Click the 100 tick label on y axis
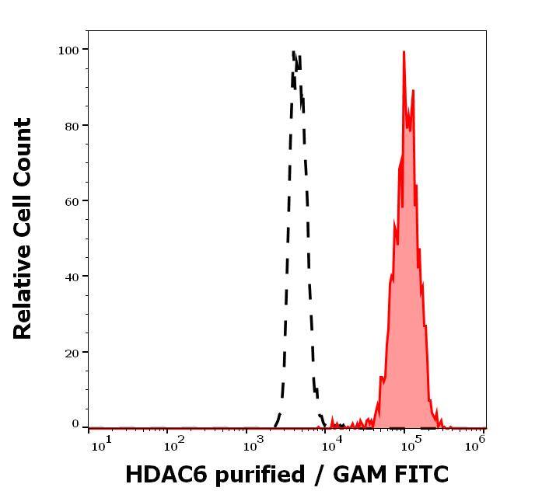(x=68, y=50)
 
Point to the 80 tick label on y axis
(x=72, y=125)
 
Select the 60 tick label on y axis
(x=72, y=201)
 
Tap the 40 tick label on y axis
(x=72, y=277)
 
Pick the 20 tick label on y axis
(x=72, y=352)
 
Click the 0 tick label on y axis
(x=75, y=425)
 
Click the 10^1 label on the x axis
(x=101, y=444)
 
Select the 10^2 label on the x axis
(x=173, y=444)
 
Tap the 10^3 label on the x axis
(x=254, y=444)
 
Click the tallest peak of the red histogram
(x=404, y=53)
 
